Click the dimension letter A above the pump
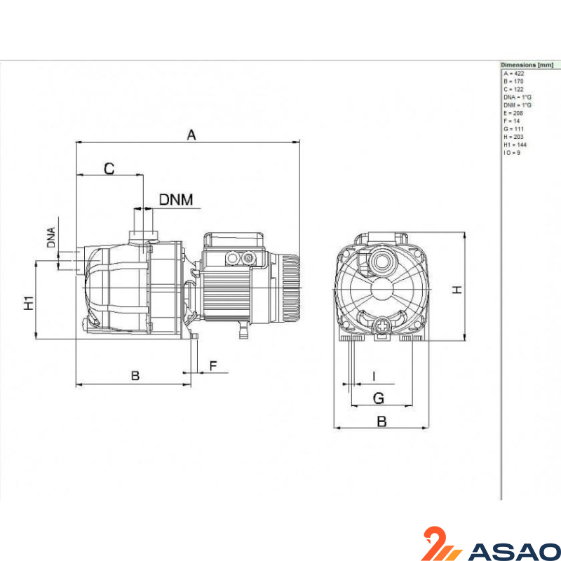191,135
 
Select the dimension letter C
109,168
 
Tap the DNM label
176,200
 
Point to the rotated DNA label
51,237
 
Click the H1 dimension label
29,303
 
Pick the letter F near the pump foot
213,366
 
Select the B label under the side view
135,376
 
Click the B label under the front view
381,421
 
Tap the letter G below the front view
379,398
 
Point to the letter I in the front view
374,377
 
